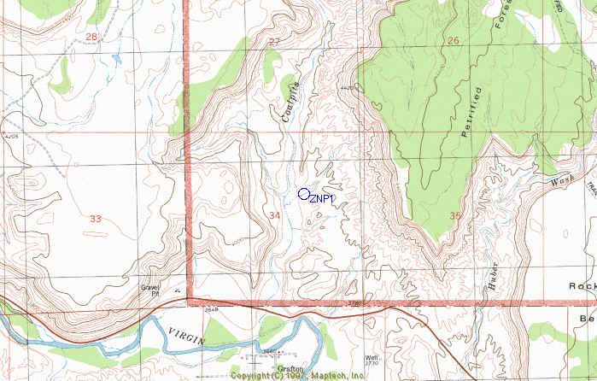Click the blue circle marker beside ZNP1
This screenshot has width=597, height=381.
tap(303, 193)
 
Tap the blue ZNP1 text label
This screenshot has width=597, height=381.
tap(321, 199)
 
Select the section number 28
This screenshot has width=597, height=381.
tap(92, 37)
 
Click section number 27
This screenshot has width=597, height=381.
tap(274, 42)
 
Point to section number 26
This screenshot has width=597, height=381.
tap(453, 40)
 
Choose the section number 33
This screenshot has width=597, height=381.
tap(96, 219)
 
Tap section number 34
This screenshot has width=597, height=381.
tap(274, 214)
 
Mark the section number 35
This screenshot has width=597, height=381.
tap(454, 215)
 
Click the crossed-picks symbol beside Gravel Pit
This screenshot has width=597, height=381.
tap(176, 290)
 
